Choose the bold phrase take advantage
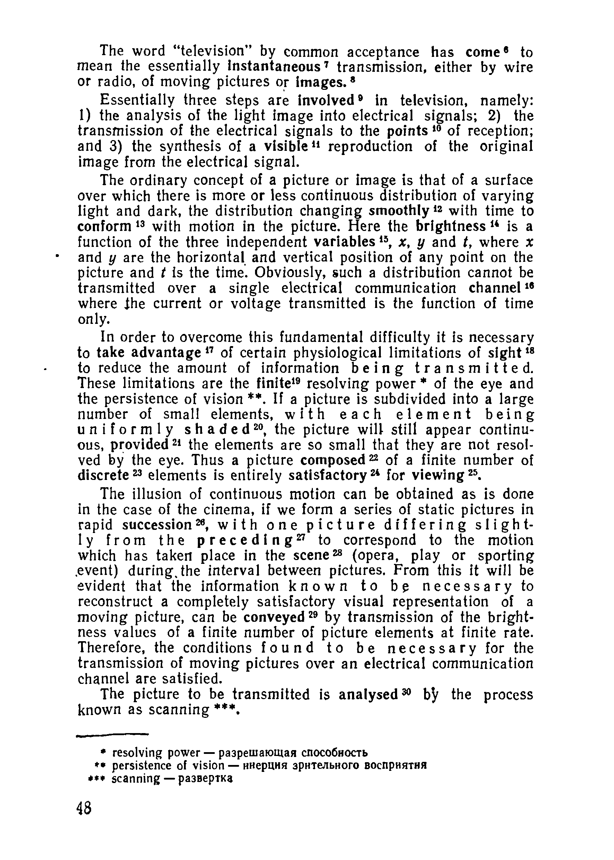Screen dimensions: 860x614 (149, 353)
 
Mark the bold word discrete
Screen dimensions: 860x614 (103, 475)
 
